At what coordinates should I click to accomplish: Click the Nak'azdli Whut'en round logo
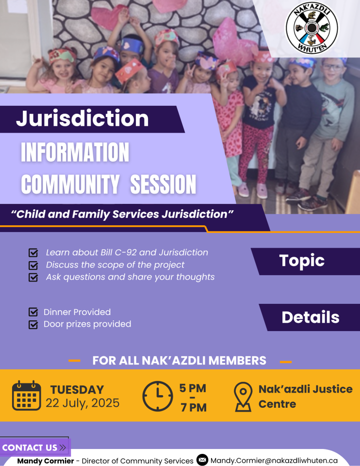pyautogui.click(x=311, y=28)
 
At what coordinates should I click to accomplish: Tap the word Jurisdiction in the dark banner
pyautogui.click(x=82, y=118)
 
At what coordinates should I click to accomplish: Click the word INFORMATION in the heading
pyautogui.click(x=75, y=152)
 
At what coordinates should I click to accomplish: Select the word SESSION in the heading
pyautogui.click(x=163, y=184)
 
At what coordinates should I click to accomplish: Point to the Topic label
pyautogui.click(x=302, y=261)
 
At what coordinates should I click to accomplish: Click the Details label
pyautogui.click(x=311, y=317)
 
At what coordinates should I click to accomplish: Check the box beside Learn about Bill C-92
pyautogui.click(x=33, y=252)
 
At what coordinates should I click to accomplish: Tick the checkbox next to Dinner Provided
pyautogui.click(x=33, y=312)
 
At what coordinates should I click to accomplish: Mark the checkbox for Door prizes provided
pyautogui.click(x=33, y=324)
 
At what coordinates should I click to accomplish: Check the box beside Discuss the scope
pyautogui.click(x=33, y=265)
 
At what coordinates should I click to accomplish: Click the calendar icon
pyautogui.click(x=26, y=395)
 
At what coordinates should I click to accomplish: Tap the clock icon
pyautogui.click(x=158, y=396)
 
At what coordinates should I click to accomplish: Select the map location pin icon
pyautogui.click(x=243, y=397)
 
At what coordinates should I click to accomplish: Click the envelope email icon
pyautogui.click(x=202, y=460)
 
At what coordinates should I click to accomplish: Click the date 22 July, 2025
pyautogui.click(x=82, y=403)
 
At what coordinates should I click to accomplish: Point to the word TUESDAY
pyautogui.click(x=77, y=390)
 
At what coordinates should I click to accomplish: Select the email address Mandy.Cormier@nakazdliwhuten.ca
pyautogui.click(x=274, y=461)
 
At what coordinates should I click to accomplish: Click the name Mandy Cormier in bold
pyautogui.click(x=46, y=461)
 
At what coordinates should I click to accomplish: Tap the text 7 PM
pyautogui.click(x=194, y=407)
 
